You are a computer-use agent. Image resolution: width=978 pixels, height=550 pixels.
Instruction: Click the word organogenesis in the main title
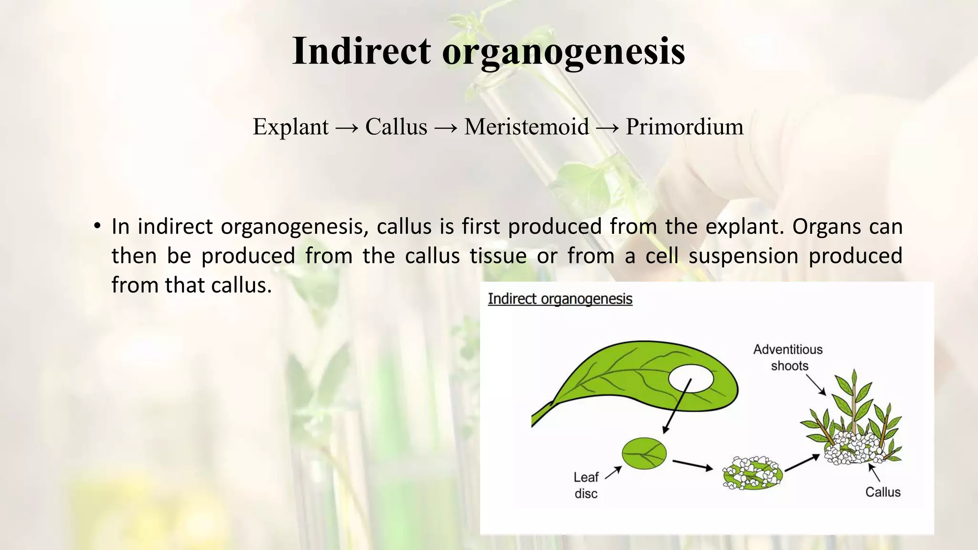click(563, 52)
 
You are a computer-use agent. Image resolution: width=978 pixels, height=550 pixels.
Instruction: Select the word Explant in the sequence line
click(290, 127)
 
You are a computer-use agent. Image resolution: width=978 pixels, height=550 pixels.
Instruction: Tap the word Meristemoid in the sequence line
click(526, 127)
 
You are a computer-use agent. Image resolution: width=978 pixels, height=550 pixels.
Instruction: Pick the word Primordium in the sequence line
click(684, 127)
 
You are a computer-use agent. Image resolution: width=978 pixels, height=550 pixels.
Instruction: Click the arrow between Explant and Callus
click(347, 128)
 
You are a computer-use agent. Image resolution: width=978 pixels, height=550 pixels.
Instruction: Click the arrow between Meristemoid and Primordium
click(607, 128)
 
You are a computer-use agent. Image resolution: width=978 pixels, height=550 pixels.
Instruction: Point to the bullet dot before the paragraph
click(97, 226)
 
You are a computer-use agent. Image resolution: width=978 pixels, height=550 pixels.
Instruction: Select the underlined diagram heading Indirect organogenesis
click(560, 299)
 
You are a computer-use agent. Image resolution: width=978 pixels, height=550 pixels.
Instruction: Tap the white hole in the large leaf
click(691, 379)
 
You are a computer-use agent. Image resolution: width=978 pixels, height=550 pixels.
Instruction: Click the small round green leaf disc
click(644, 453)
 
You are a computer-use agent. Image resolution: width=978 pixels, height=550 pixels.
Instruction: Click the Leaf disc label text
click(586, 485)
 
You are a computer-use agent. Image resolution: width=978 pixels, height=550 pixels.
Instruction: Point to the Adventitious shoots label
click(788, 358)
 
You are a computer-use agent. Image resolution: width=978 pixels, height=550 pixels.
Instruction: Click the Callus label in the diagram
click(882, 492)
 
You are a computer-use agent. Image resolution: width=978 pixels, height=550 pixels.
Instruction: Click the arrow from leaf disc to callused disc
click(692, 465)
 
